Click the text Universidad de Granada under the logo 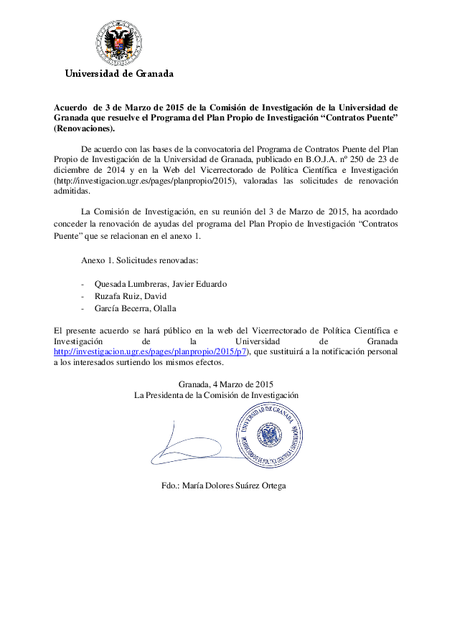pos(119,73)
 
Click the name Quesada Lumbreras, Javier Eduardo pos(161,283)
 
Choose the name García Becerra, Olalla pos(135,308)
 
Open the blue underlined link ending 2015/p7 pos(151,351)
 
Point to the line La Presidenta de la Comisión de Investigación pos(216,395)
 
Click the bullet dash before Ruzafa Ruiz pos(84,295)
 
